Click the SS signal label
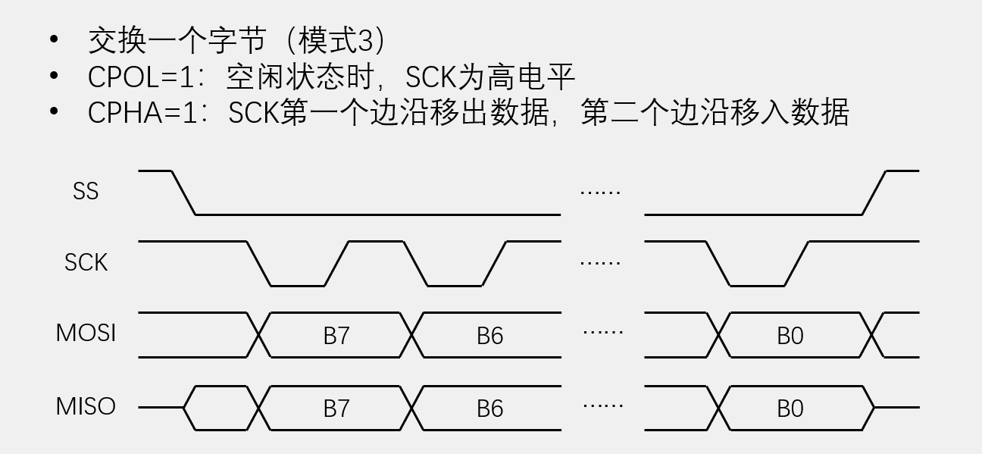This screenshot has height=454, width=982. coord(86,191)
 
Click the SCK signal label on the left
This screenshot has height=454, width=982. coord(86,262)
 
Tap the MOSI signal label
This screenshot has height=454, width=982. coord(86,333)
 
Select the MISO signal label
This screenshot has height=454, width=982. coord(86,406)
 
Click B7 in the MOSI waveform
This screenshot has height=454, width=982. coord(336,336)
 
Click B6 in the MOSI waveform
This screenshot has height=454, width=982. coord(489,336)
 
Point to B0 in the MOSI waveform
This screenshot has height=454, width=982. coord(790,336)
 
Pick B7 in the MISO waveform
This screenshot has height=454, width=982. coord(336,409)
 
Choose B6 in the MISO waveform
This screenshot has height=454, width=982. coord(489,409)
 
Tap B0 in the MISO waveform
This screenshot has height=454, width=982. coord(790,409)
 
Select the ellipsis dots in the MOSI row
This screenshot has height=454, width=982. coord(603,332)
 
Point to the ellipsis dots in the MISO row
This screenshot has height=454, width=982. coord(603,405)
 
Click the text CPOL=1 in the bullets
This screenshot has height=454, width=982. coord(144,77)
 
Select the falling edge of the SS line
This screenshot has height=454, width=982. coord(184,193)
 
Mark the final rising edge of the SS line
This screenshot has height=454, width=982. coord(874,193)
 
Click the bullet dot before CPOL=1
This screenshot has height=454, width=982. coord(53,76)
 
